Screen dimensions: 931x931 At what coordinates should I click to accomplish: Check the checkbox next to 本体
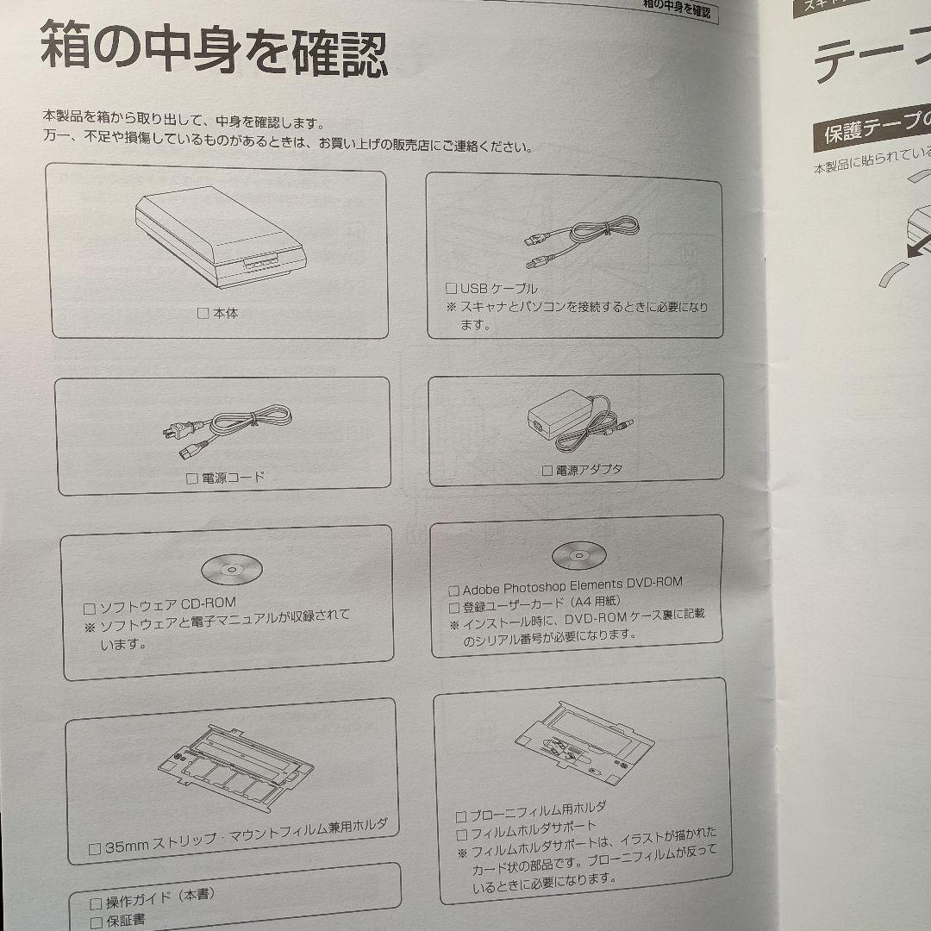(203, 314)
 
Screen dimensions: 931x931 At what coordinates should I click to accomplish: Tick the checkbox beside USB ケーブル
(451, 289)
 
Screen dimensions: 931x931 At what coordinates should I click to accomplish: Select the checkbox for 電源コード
(192, 478)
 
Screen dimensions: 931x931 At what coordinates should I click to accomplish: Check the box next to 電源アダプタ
(547, 472)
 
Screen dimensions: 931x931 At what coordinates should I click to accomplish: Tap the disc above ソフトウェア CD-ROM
(232, 570)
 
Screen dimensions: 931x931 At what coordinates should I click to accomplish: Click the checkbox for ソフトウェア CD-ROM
(89, 607)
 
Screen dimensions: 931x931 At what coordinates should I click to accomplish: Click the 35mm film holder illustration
(234, 764)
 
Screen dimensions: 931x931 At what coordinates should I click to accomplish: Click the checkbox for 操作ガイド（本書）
(96, 903)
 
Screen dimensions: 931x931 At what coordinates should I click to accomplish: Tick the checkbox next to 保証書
(96, 922)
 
